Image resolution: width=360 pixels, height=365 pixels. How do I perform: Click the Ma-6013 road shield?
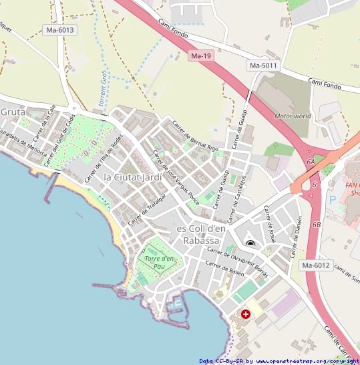tap(59, 30)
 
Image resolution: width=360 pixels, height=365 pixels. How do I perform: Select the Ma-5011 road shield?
tap(262, 66)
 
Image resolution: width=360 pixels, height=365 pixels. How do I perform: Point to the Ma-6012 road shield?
tap(316, 265)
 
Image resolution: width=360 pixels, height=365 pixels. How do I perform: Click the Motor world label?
tap(293, 116)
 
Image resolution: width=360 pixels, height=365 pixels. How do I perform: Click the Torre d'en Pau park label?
tap(159, 262)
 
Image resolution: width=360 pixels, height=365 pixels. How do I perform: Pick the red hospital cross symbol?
tap(246, 314)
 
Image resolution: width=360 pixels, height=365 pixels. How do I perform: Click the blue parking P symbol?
tap(333, 200)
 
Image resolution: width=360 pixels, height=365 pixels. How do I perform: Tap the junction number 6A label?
tap(311, 162)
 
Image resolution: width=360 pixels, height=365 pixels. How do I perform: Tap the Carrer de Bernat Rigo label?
tap(195, 136)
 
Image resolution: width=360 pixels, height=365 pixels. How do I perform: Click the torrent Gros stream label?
tap(104, 86)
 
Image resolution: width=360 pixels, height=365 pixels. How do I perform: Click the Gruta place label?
tap(12, 112)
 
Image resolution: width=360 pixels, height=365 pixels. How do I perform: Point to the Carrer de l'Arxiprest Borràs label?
tap(238, 262)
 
